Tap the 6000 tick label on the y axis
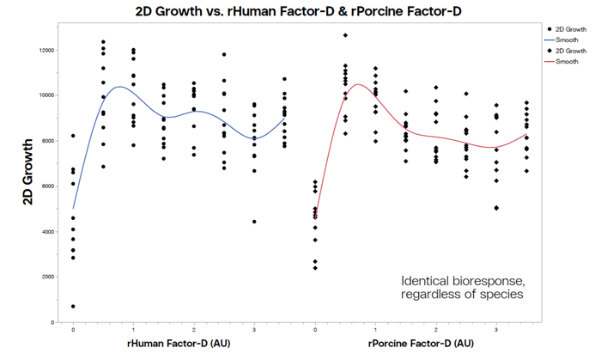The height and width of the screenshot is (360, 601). pos(45,186)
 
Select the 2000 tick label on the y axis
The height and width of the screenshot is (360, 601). pos(45,277)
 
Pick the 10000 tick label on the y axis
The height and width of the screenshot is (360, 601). pos(43,95)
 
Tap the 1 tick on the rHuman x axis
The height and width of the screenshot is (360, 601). pos(133,330)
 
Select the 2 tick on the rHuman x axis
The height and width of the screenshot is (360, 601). pos(194,330)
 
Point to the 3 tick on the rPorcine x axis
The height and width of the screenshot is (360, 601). pos(496,330)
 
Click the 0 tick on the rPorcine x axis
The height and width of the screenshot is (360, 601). pos(315,330)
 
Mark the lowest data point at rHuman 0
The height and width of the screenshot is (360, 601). pos(73,307)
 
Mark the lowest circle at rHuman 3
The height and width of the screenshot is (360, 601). pos(254,222)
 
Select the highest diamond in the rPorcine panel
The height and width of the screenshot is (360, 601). pos(345,35)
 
